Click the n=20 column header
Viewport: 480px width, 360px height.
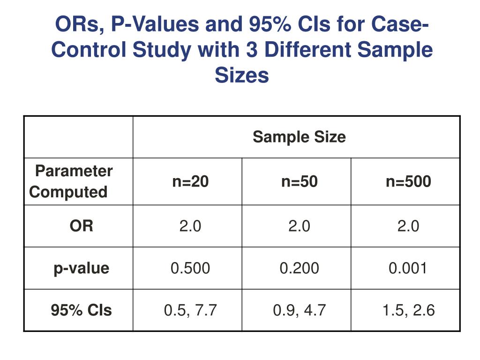tap(190, 181)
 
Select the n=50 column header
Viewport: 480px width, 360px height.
tap(300, 181)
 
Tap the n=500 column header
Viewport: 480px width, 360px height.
tap(408, 181)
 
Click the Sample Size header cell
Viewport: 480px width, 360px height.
tap(299, 137)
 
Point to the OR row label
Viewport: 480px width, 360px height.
tap(82, 226)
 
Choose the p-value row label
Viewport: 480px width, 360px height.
tap(81, 268)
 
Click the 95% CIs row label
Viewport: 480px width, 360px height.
tap(82, 310)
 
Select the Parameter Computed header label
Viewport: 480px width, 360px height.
tap(71, 181)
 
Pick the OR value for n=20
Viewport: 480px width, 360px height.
tap(190, 226)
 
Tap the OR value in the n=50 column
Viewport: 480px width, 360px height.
tap(300, 226)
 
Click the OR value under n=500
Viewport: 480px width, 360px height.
tap(408, 226)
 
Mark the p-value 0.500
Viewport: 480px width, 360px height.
tap(190, 268)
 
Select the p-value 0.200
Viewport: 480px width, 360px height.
tap(300, 268)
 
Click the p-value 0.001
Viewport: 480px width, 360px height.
tap(408, 268)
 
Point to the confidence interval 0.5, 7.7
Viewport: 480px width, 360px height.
tap(190, 310)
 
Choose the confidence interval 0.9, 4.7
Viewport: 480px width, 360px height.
tap(300, 310)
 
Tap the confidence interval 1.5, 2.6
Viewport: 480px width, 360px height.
tap(408, 310)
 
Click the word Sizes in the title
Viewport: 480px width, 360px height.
tap(242, 75)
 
